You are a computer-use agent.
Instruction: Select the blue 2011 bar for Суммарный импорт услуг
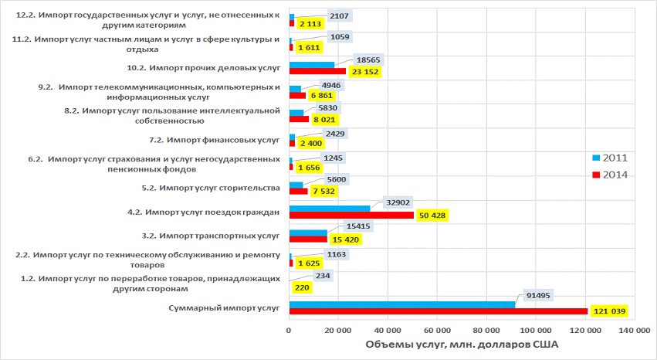tap(401, 305)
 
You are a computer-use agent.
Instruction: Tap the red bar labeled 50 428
tap(351, 215)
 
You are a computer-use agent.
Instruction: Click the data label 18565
tap(363, 60)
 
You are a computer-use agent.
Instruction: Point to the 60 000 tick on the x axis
tap(438, 330)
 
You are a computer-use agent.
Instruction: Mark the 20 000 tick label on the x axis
tap(338, 330)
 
